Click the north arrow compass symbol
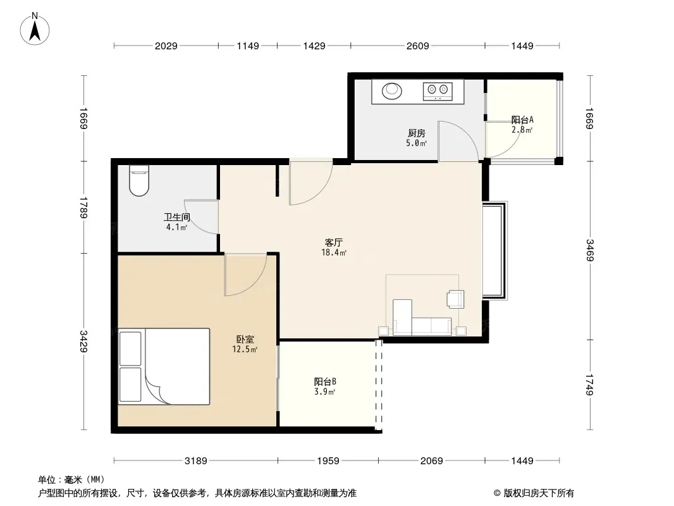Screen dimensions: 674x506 [x=35, y=29]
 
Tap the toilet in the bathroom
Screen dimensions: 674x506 [x=139, y=180]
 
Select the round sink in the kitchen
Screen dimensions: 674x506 [x=392, y=90]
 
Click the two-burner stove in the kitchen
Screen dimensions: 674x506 [x=438, y=91]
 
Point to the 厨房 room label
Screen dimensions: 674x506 [x=417, y=133]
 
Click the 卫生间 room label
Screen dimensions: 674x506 [x=176, y=218]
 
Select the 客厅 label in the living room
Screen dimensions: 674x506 [x=334, y=243]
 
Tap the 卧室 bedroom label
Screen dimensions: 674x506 [x=245, y=340]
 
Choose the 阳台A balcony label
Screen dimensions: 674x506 [x=522, y=120]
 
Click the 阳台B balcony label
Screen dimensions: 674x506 [x=325, y=381]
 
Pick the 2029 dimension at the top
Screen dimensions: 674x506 [x=166, y=46]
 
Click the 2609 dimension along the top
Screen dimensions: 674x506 [x=418, y=46]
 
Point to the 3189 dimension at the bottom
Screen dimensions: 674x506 [x=196, y=461]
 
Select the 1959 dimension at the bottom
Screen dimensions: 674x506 [x=328, y=461]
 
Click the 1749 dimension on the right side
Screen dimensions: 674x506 [x=589, y=385]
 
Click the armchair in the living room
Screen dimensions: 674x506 [x=456, y=299]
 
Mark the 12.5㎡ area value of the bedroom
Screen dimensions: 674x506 [x=245, y=350]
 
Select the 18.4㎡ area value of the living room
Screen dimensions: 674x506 [x=334, y=253]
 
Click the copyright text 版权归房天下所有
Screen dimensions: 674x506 [x=539, y=493]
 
